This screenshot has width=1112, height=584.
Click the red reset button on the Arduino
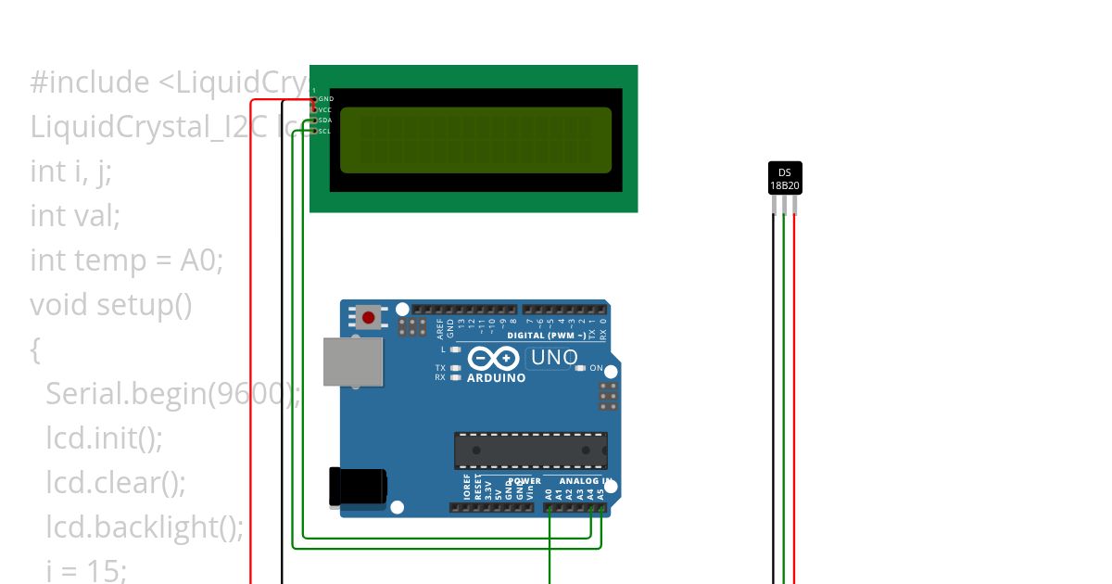click(369, 318)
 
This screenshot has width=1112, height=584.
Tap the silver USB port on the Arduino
click(353, 362)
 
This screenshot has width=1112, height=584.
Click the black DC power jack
click(359, 488)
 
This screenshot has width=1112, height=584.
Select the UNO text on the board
click(553, 358)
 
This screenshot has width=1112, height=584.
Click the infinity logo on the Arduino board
click(494, 358)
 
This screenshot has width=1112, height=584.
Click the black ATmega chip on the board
click(530, 450)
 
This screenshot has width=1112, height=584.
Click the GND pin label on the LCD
click(326, 98)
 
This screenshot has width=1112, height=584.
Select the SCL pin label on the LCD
click(325, 132)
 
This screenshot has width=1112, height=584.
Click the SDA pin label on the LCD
click(325, 121)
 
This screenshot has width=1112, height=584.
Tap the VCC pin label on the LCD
click(325, 109)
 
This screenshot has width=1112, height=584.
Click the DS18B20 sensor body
click(785, 178)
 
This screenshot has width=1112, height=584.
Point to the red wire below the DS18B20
click(795, 399)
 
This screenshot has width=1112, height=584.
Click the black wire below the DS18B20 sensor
click(774, 399)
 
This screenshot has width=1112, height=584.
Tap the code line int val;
click(75, 216)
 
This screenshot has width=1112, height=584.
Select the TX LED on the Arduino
click(455, 368)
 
